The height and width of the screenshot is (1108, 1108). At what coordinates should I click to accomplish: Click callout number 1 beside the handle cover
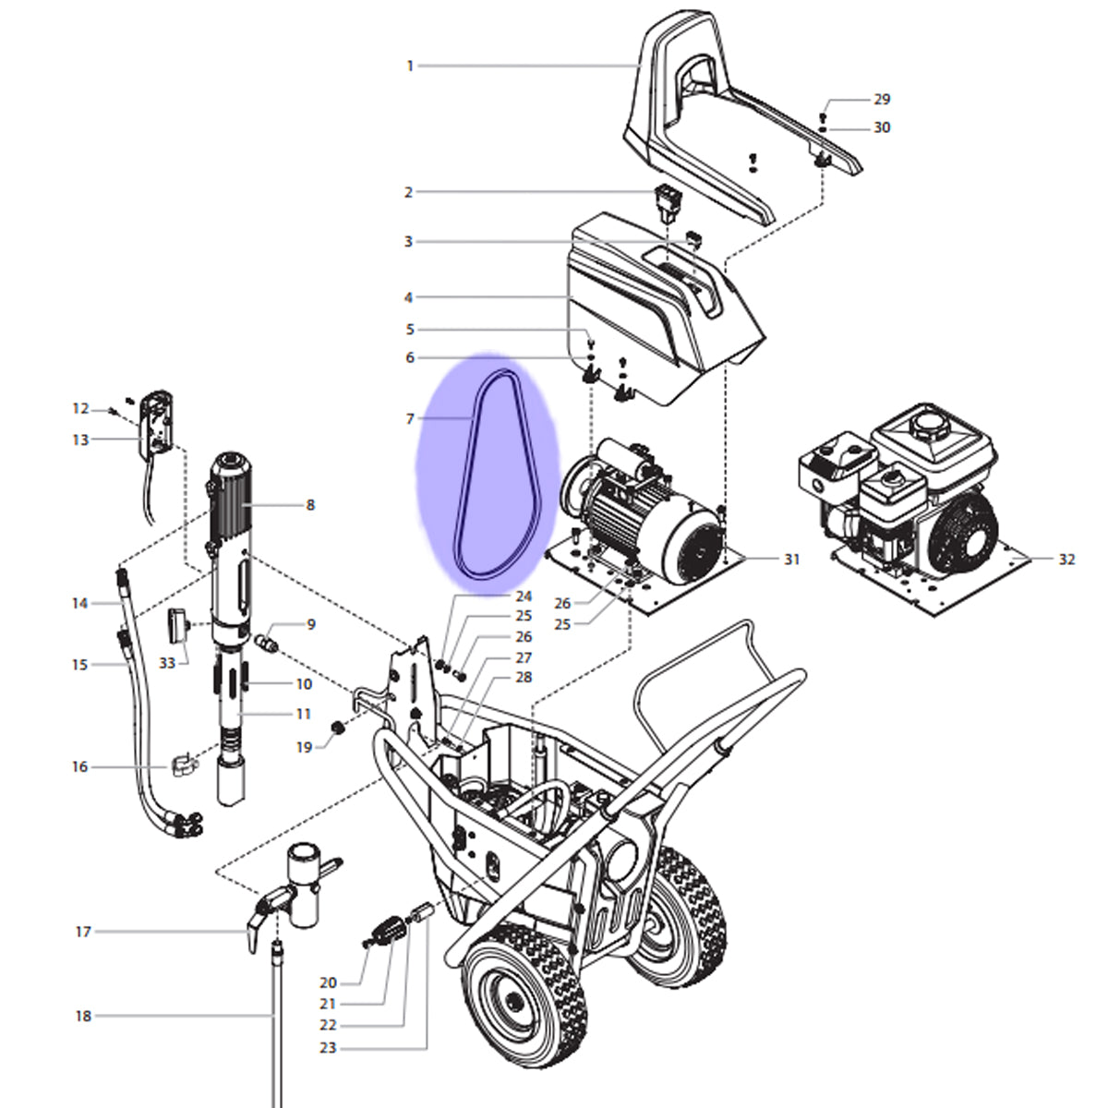pyautogui.click(x=410, y=66)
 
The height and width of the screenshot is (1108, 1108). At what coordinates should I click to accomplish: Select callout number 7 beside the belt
pyautogui.click(x=410, y=419)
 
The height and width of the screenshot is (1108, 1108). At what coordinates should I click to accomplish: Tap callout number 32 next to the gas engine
pyautogui.click(x=1066, y=560)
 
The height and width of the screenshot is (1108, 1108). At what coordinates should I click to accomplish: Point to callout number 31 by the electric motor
pyautogui.click(x=791, y=560)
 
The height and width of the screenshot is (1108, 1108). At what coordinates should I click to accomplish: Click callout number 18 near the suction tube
pyautogui.click(x=83, y=1016)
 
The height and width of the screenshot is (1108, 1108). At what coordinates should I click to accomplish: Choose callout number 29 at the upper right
pyautogui.click(x=882, y=100)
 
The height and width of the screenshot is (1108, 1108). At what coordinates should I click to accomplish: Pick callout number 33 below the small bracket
pyautogui.click(x=167, y=663)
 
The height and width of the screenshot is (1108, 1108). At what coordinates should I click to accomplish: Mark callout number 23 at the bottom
pyautogui.click(x=328, y=1048)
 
